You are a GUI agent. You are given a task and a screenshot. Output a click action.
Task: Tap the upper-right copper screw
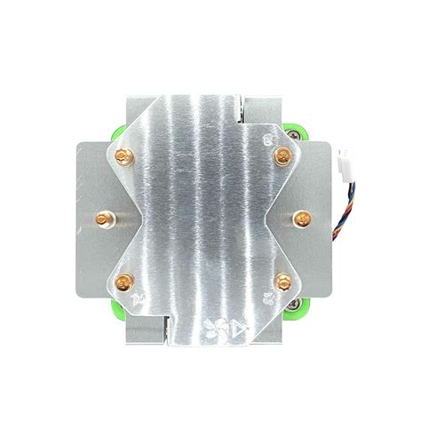click(282, 156)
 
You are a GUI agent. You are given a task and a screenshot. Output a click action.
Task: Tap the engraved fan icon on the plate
click(211, 328)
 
